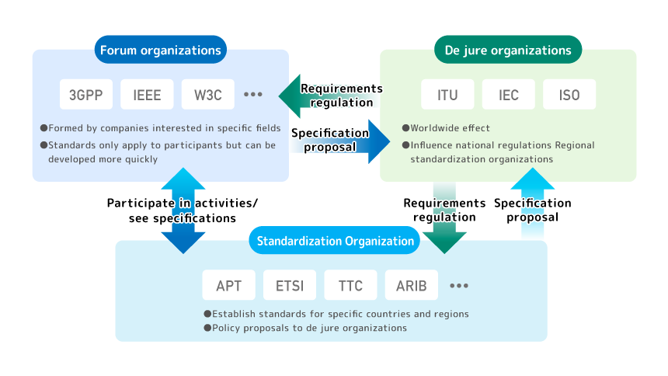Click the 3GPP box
86,95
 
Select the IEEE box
147,95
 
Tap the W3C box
207,95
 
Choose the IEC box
508,95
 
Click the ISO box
569,95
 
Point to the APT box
228,285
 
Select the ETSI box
289,285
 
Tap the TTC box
350,285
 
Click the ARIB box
412,285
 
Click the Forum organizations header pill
160,50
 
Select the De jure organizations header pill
508,50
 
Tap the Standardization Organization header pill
335,241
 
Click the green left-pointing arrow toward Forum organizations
291,96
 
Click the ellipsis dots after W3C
253,95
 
